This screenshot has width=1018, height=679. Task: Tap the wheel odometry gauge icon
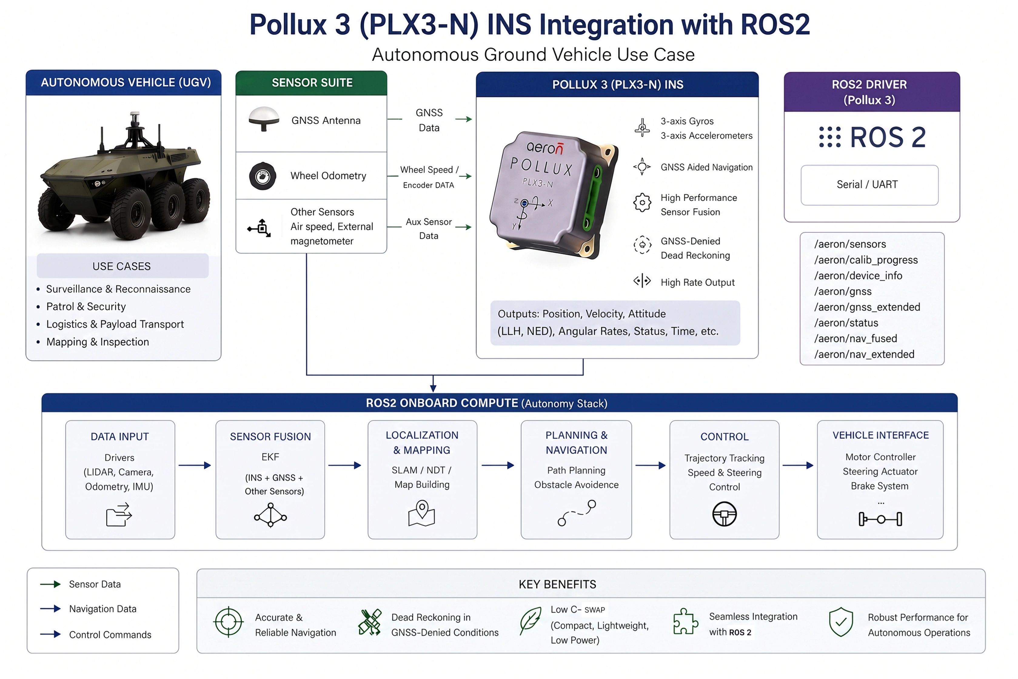263,176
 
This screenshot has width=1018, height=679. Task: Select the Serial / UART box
869,185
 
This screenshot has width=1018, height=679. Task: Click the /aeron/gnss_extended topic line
867,307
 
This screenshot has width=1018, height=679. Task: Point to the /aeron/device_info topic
858,276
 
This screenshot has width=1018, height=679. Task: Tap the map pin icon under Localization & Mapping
421,513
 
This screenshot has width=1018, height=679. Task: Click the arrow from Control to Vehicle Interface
798,466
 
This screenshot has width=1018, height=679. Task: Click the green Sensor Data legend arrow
50,584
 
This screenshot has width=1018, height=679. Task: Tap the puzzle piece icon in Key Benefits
685,621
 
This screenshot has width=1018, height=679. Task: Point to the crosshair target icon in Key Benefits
229,622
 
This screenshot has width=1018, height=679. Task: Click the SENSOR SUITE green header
311,83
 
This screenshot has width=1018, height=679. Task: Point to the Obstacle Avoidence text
576,485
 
